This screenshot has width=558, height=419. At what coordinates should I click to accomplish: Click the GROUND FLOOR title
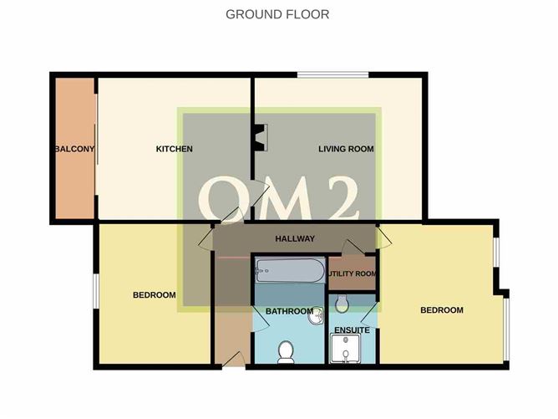pos(277,14)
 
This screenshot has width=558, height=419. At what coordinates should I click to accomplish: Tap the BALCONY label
pos(75,149)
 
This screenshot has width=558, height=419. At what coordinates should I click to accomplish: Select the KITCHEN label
pos(175,149)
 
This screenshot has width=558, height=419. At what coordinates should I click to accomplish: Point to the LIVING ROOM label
pos(346,149)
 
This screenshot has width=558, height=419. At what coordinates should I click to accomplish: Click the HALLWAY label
pos(295,238)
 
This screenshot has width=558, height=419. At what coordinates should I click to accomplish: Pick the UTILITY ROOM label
pos(352,273)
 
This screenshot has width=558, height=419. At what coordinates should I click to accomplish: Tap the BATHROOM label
pos(289,311)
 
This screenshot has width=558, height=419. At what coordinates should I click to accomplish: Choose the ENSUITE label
pos(352,330)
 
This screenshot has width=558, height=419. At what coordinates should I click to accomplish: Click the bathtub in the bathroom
pos(290,271)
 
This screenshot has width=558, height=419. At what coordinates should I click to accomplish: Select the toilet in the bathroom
pos(286,352)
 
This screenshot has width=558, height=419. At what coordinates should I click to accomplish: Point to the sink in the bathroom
pos(316,316)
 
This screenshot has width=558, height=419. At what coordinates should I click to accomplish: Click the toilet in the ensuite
pos(342,304)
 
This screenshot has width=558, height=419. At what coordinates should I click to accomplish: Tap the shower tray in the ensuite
pos(345,349)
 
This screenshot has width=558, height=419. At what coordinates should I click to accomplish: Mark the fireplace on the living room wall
pos(261,138)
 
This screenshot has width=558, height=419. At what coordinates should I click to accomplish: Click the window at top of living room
pos(333,74)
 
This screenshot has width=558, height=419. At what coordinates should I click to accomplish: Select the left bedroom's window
pos(96,291)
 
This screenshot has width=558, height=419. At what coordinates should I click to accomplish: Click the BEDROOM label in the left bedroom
pos(155,295)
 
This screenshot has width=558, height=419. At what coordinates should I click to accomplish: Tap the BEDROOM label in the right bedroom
pos(442,310)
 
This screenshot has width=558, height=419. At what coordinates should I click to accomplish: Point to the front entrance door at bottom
pos(234,360)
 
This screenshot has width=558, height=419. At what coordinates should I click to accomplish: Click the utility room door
pos(353,248)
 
